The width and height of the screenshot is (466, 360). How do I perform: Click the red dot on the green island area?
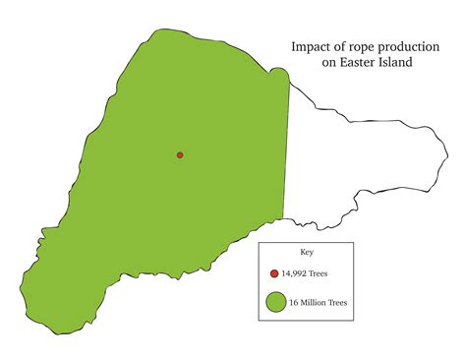click(180, 155)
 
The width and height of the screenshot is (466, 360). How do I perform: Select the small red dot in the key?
click(274, 273)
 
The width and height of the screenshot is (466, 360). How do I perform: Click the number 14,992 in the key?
click(295, 273)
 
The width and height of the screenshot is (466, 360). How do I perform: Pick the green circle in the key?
click(274, 303)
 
